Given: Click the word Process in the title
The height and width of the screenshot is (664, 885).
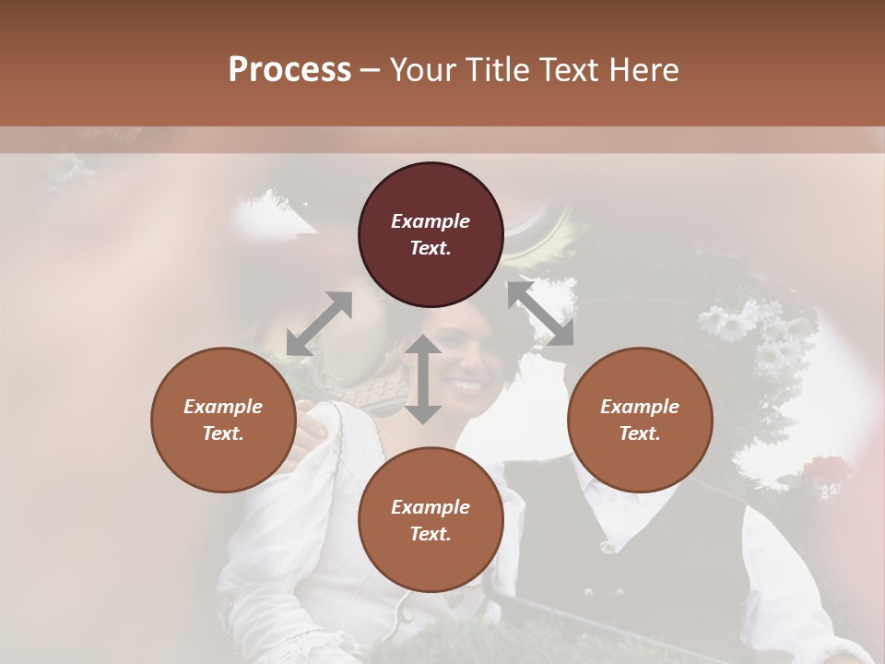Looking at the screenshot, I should [x=289, y=70].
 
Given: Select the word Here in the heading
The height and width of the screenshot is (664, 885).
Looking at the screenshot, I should [x=642, y=70].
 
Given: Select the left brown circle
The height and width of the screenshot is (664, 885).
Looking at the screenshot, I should [x=223, y=420].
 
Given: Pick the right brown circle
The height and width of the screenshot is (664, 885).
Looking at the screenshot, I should [x=640, y=420].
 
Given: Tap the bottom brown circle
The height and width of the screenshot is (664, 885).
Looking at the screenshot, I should [x=431, y=519].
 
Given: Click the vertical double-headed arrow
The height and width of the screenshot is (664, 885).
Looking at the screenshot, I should [x=423, y=379].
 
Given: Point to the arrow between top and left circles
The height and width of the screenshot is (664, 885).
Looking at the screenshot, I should [x=319, y=324].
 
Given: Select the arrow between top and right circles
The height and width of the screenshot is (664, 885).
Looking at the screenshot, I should [x=540, y=314].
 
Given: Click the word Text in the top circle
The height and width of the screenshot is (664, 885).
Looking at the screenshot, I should [x=430, y=248].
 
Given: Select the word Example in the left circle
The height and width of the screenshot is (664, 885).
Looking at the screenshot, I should [x=223, y=407].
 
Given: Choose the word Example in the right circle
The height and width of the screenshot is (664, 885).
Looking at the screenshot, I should [x=640, y=407].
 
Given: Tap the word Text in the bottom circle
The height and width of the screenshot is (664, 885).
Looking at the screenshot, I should [x=430, y=533].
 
